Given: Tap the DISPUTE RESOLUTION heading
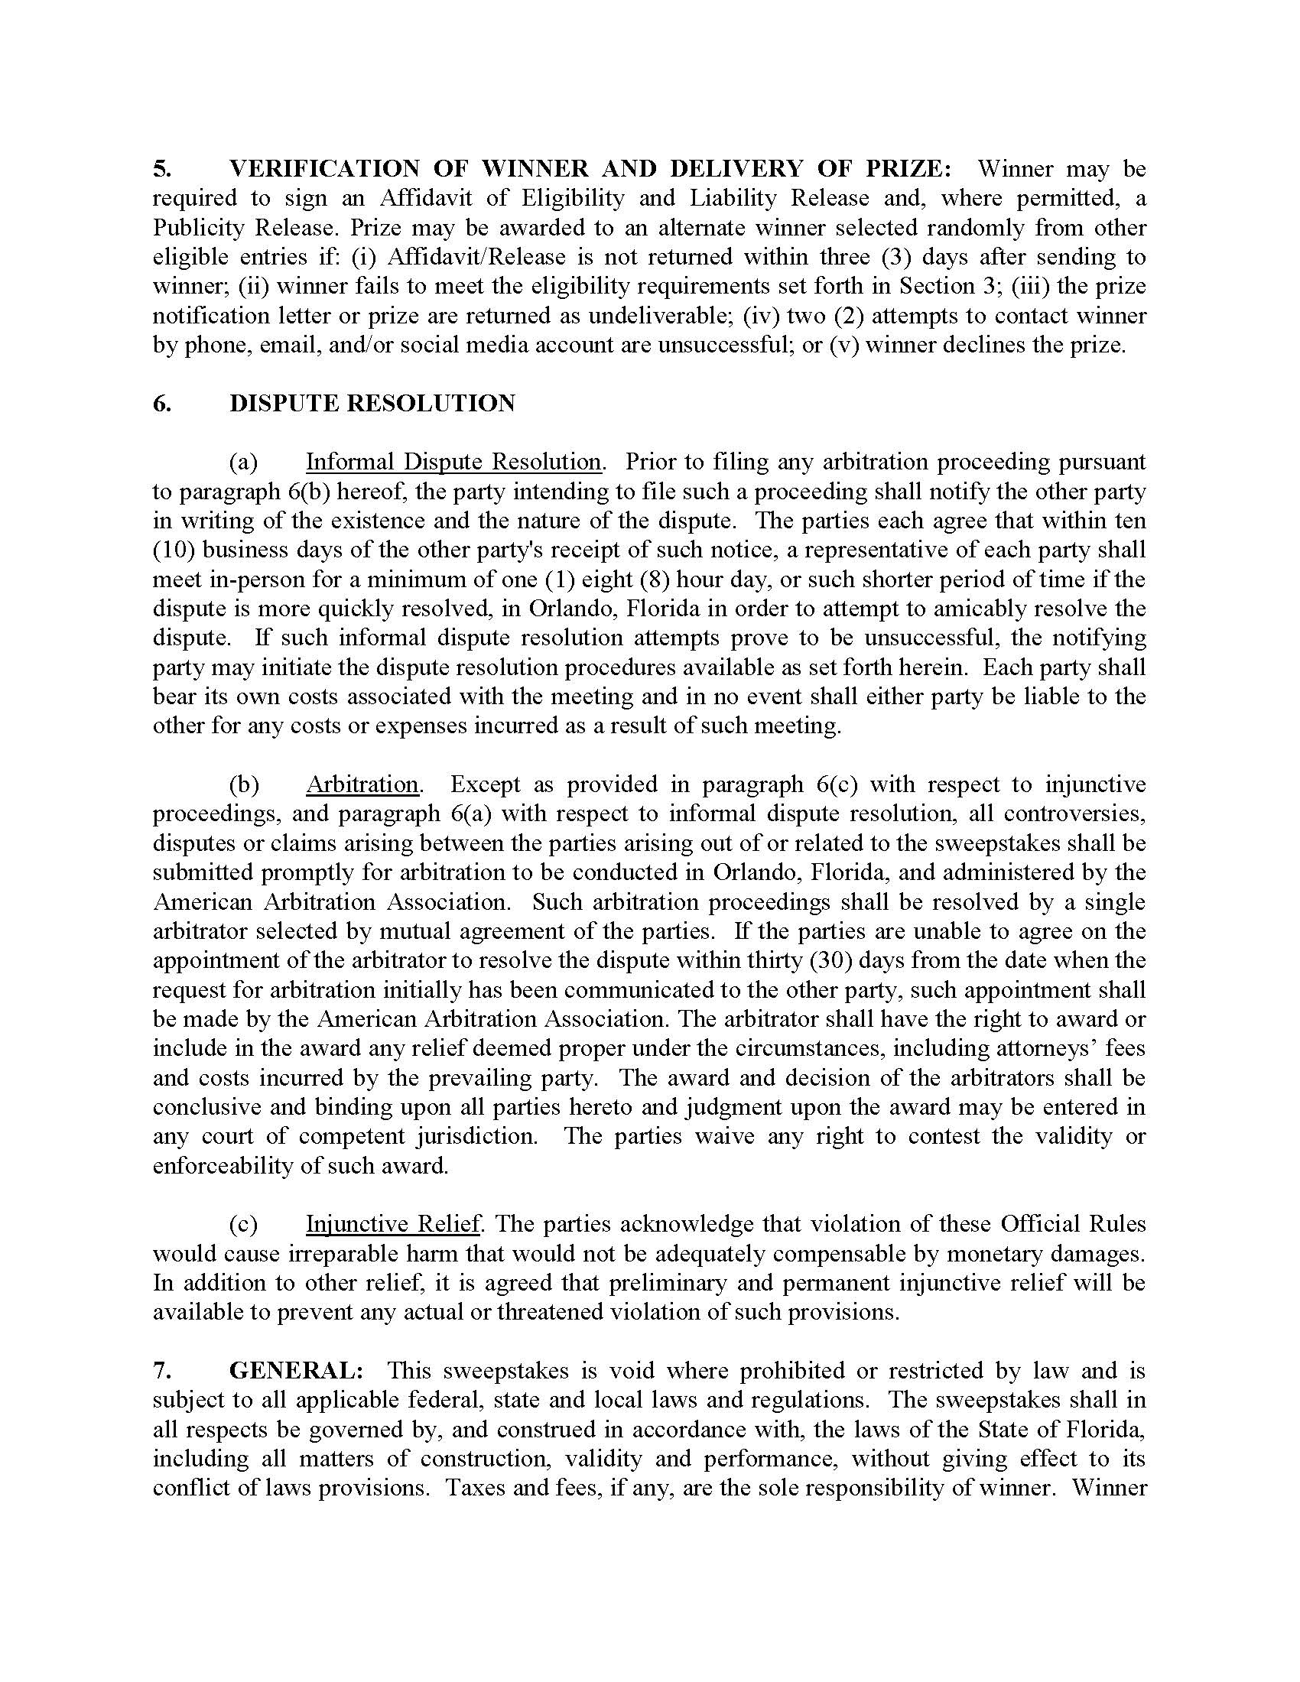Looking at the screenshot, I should tap(372, 404).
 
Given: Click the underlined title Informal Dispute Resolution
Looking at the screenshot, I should tap(453, 462).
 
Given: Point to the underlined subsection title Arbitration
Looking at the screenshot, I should tap(362, 784).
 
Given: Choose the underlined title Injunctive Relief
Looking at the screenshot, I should tap(394, 1225).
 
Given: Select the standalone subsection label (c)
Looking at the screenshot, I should tap(243, 1225).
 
